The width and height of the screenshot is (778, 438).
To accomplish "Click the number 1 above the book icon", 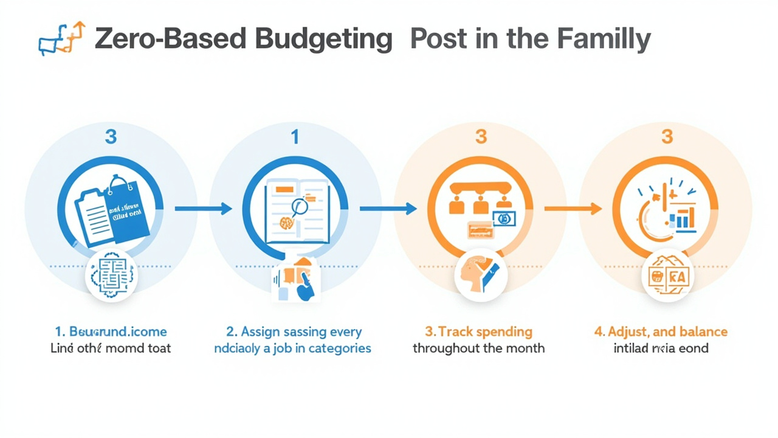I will coord(295,137).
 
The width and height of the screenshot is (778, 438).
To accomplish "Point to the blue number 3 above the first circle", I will coord(111,137).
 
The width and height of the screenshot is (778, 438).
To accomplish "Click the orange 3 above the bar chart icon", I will coord(667,137).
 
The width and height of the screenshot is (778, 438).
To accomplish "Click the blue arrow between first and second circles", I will coord(203,209).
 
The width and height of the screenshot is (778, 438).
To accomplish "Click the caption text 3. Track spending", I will coord(478,332).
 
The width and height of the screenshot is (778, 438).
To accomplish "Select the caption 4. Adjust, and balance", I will coord(661,332).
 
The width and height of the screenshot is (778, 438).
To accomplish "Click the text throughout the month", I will coord(478,349).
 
